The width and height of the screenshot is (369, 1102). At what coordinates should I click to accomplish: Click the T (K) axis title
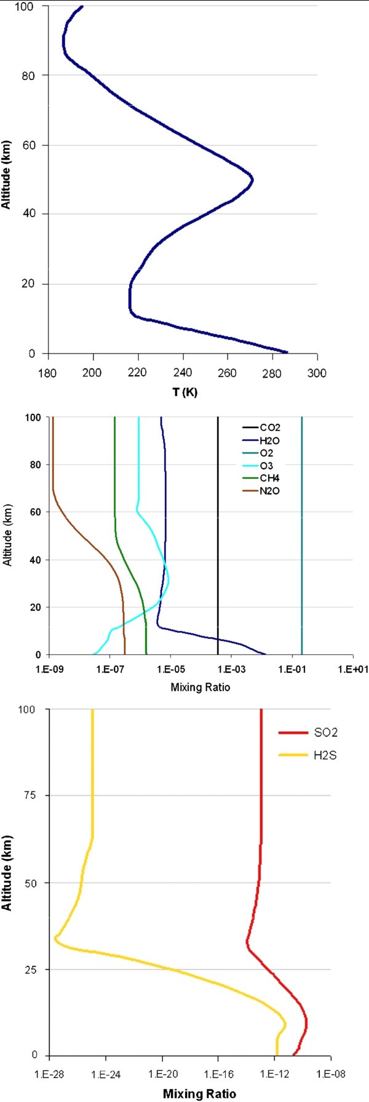click(184, 392)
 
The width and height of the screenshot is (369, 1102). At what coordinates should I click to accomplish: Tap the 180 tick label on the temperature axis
click(48, 373)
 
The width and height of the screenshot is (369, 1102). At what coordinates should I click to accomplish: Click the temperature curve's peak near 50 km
click(252, 180)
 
